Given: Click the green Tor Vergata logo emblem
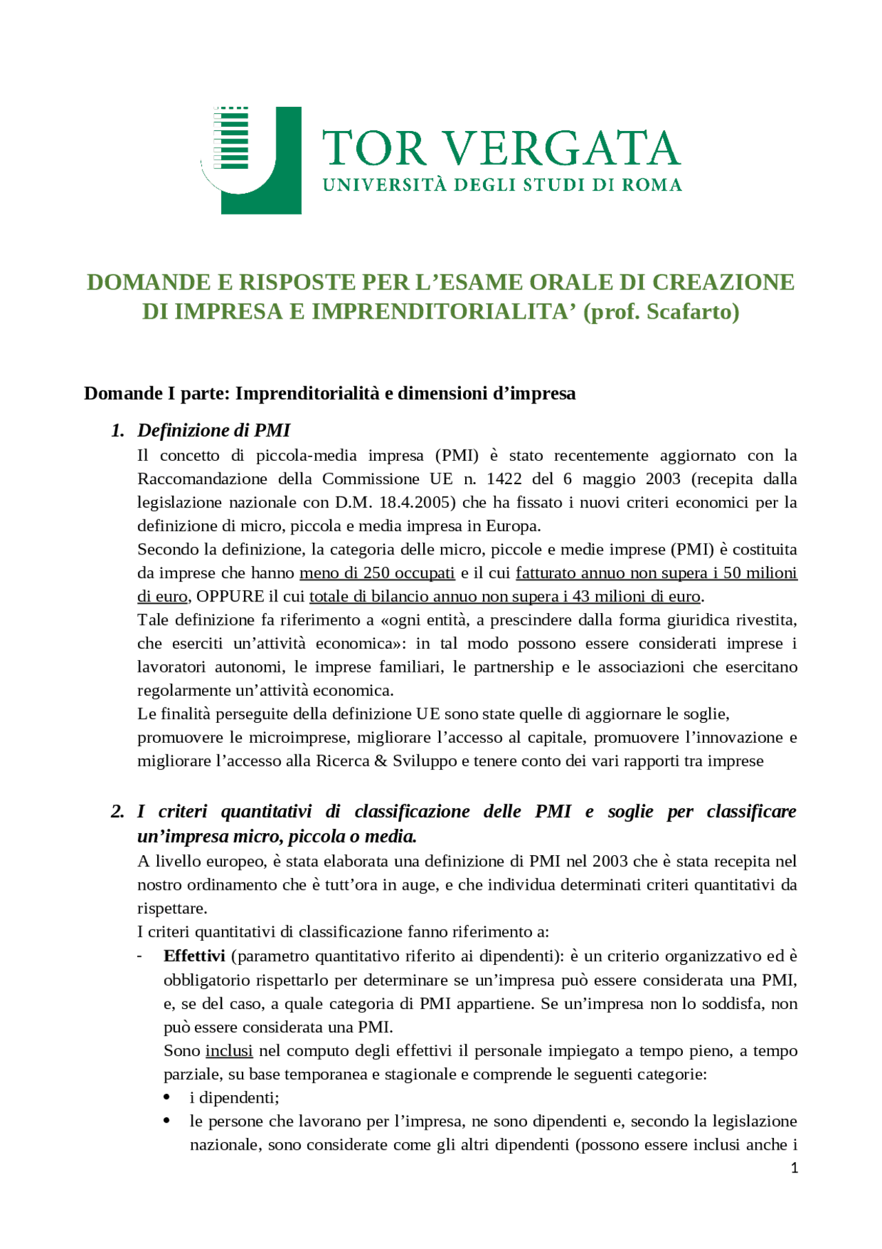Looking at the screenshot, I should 252,160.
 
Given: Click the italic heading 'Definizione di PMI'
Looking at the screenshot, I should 214,430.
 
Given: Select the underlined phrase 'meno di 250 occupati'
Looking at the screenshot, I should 377,573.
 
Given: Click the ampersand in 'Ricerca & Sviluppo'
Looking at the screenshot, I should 381,761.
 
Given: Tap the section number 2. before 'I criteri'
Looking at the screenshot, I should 118,811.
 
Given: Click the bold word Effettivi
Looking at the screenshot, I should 194,956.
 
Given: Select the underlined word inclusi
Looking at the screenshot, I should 229,1050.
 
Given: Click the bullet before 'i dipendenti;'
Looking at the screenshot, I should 167,1097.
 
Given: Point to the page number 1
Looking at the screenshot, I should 794,1168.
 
